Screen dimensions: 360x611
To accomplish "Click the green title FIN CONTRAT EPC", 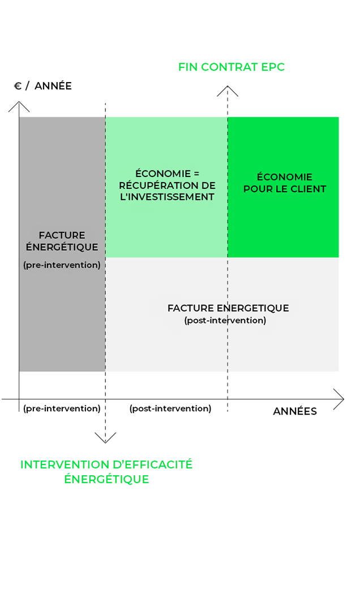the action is tap(232, 67).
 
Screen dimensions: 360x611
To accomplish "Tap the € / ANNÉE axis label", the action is tap(43, 86).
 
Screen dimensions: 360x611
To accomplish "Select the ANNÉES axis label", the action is tap(295, 411).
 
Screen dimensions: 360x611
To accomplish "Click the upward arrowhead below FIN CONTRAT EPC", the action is tap(228, 90).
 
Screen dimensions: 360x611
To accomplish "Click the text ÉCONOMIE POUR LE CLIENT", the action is tap(285, 183).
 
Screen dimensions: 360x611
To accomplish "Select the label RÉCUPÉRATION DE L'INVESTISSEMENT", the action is tap(168, 191).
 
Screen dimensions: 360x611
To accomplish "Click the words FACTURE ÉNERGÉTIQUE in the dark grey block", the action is tap(62, 241).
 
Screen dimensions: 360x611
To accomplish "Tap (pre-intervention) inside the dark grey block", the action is tap(62, 265).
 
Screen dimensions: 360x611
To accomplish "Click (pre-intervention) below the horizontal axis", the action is tap(62, 408).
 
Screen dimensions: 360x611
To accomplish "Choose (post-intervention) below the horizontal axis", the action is tap(170, 408).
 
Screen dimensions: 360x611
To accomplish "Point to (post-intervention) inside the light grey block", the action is tap(225, 320).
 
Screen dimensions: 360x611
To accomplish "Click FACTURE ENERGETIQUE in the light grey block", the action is tap(228, 308).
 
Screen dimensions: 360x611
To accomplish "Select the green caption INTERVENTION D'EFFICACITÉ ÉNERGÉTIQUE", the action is tap(106, 471).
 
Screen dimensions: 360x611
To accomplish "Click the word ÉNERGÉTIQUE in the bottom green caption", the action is tap(106, 479).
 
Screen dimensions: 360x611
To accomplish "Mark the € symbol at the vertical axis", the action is tap(18, 86).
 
